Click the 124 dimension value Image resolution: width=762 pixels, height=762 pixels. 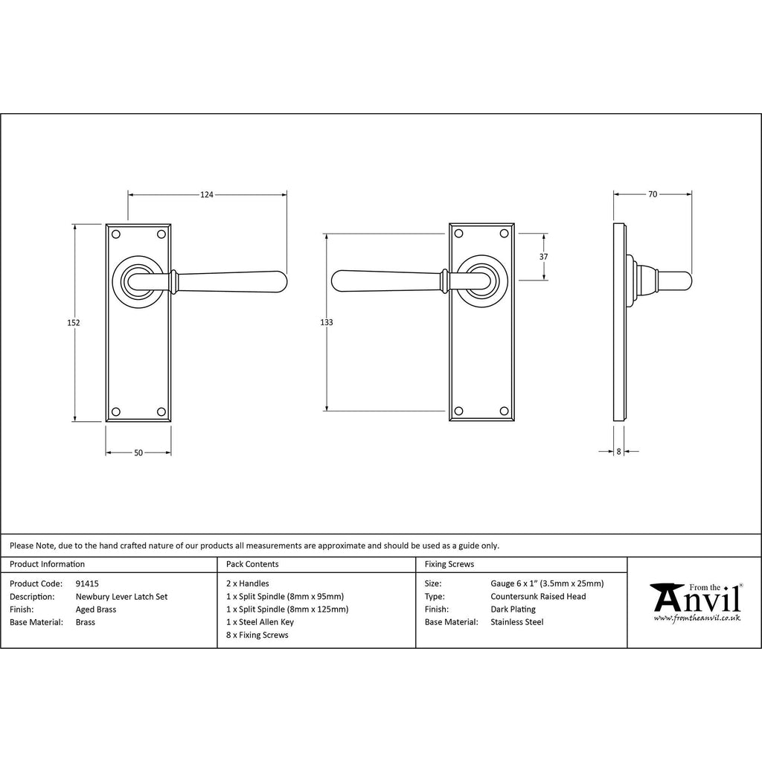tap(207, 195)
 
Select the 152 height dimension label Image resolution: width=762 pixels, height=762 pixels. tap(74, 323)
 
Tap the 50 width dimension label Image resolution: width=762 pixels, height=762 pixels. tap(138, 453)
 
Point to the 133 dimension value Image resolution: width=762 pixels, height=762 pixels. tap(327, 322)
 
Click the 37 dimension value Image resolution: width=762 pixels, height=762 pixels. tap(543, 257)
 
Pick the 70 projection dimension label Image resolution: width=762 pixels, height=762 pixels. tap(653, 194)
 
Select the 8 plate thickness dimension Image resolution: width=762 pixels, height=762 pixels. tap(618, 452)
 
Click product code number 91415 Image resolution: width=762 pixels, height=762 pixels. tap(87, 583)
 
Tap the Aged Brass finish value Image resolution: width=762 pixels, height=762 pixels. tap(96, 609)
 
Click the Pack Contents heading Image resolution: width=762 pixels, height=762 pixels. tap(252, 564)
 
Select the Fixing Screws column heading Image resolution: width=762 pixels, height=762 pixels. tap(449, 564)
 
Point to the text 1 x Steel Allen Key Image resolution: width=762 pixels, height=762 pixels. tap(260, 622)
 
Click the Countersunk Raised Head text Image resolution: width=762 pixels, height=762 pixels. tap(538, 596)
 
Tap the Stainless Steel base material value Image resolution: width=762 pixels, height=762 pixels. tap(516, 622)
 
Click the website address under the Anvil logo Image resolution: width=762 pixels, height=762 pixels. tap(697, 618)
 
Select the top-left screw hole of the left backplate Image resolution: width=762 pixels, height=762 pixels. tap(115, 234)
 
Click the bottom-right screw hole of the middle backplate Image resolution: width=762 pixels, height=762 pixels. tap(504, 411)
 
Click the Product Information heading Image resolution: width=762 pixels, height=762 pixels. tap(47, 564)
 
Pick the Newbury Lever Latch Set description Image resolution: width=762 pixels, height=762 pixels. tap(121, 597)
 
